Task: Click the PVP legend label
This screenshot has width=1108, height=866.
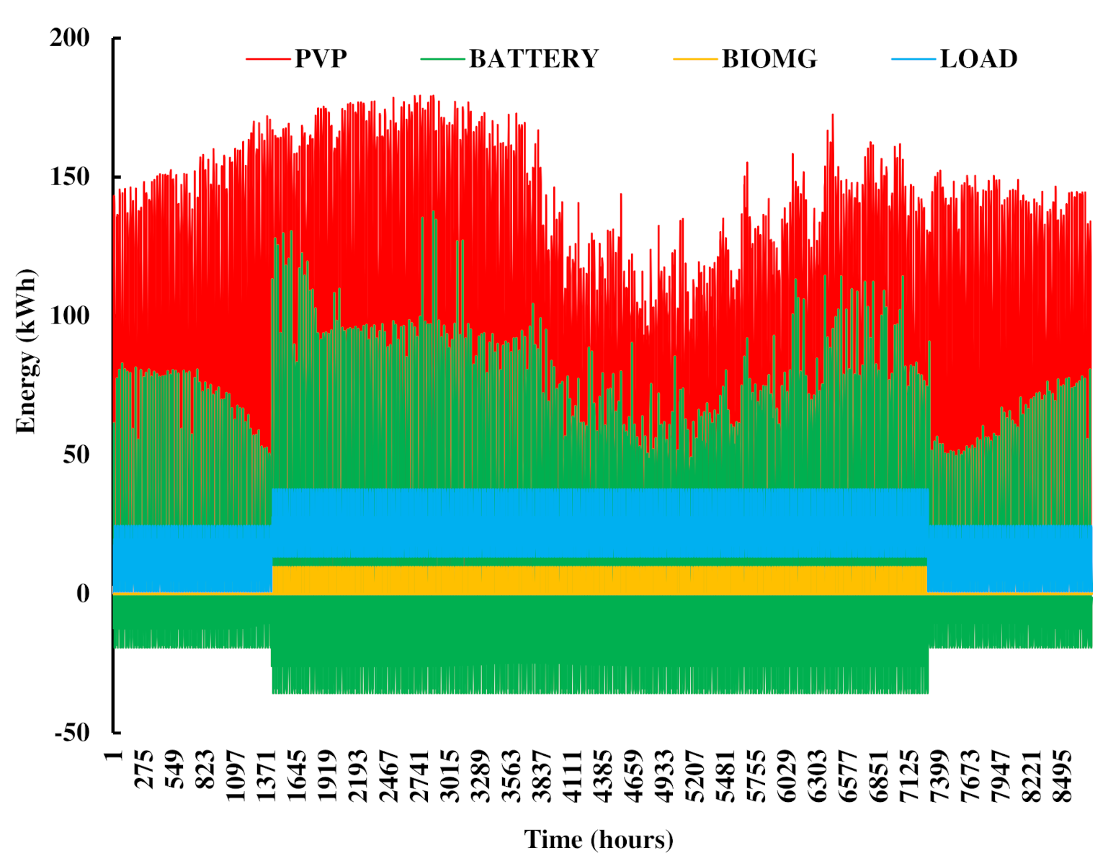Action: (321, 58)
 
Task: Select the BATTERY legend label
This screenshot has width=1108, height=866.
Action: (534, 58)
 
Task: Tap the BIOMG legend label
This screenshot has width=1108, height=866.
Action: (769, 58)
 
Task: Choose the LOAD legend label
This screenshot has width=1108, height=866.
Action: (978, 58)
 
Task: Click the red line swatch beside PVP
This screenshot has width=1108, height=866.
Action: (269, 58)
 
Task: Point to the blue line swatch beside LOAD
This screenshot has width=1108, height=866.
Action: (913, 58)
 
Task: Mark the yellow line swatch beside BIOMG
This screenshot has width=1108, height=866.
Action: (695, 58)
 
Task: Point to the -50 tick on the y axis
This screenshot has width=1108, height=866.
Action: (72, 733)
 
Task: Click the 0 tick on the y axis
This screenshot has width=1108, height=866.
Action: (83, 594)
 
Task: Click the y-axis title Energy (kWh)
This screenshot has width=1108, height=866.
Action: (26, 352)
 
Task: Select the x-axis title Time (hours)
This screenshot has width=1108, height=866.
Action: (599, 839)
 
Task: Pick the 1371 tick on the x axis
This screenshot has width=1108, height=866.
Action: (267, 776)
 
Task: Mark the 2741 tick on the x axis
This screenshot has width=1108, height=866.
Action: (419, 776)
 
